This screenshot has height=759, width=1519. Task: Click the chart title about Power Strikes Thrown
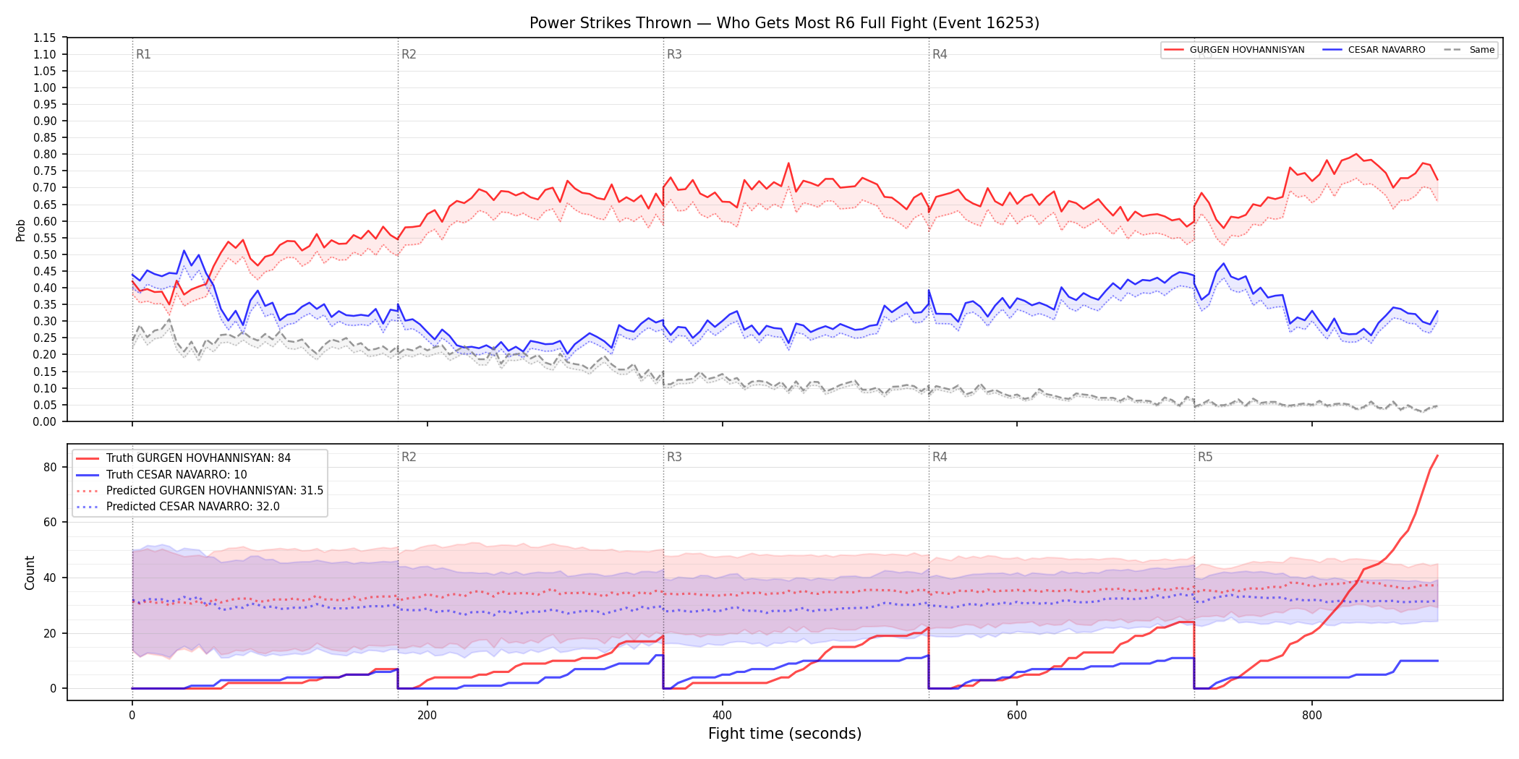pos(784,23)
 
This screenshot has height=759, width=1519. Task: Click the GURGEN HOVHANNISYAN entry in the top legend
pos(1235,50)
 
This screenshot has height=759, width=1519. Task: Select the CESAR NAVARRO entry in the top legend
pos(1374,50)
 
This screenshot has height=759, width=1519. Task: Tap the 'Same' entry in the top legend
pos(1469,50)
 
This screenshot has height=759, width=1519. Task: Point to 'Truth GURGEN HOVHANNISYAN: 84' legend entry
pos(184,458)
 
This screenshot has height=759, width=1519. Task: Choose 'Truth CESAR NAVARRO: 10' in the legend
pos(161,475)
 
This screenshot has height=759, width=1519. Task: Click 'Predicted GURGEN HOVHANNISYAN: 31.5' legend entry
pos(200,491)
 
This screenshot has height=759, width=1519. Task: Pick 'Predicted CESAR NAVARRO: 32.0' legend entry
pos(178,507)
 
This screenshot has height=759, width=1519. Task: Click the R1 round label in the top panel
pos(143,54)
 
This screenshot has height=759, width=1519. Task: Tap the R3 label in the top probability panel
pos(674,54)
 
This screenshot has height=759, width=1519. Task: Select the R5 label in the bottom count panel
pos(1205,457)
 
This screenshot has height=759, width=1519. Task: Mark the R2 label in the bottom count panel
pos(409,457)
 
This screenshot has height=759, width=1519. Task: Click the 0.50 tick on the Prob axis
pos(45,254)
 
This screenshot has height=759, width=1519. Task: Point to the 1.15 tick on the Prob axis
pos(45,38)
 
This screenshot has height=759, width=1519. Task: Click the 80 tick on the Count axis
pos(50,467)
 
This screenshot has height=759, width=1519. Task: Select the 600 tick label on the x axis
pos(1017,716)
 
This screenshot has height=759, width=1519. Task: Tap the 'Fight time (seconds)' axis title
pos(785,734)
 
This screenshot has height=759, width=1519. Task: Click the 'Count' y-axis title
pos(30,573)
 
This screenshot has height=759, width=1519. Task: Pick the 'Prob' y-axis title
pos(20,230)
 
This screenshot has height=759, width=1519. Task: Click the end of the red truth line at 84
pos(1437,455)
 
